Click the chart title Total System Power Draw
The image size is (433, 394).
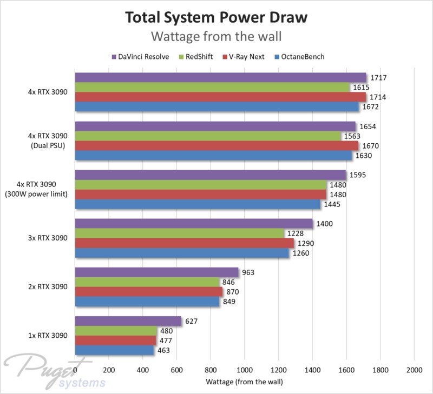coord(216,17)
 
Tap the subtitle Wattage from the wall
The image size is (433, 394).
coord(216,36)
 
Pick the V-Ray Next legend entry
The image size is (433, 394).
coord(245,56)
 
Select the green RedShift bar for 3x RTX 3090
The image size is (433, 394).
coord(179,233)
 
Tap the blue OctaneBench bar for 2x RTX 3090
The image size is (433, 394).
coord(147,302)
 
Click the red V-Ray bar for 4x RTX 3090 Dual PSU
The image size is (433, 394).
coord(216,146)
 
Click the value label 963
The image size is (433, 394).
coord(248,272)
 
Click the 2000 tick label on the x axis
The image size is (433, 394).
coord(414,371)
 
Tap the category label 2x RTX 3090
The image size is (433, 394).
coord(49,287)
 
